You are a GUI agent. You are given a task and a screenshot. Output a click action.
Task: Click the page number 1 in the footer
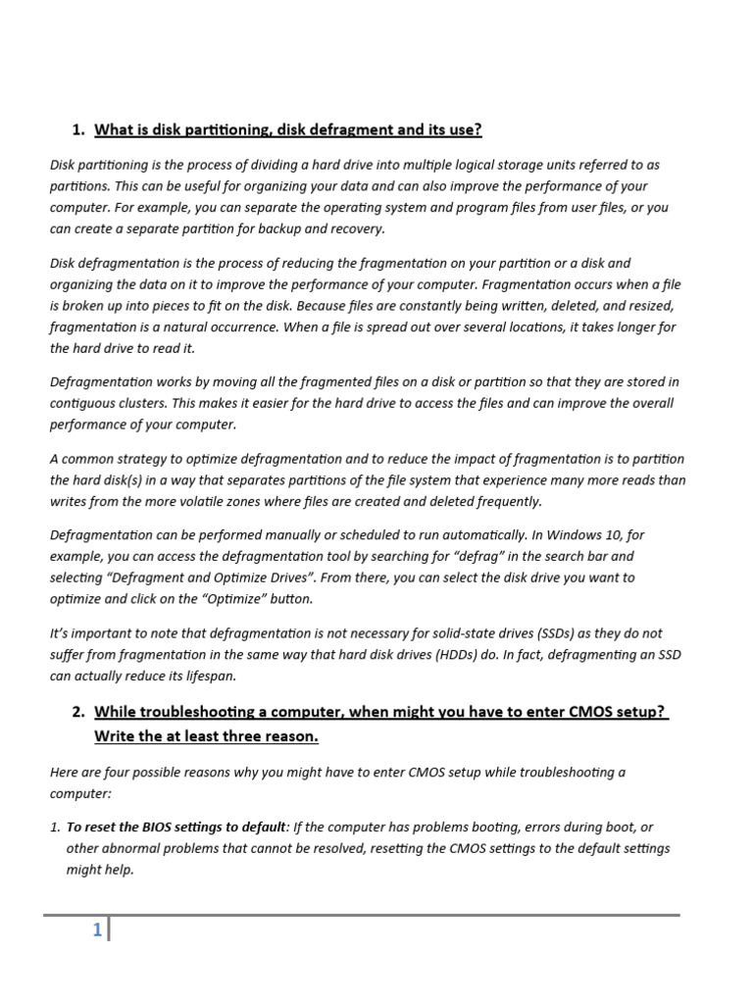pyautogui.click(x=97, y=930)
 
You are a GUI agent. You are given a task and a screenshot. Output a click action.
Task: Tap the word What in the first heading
pyautogui.click(x=116, y=129)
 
